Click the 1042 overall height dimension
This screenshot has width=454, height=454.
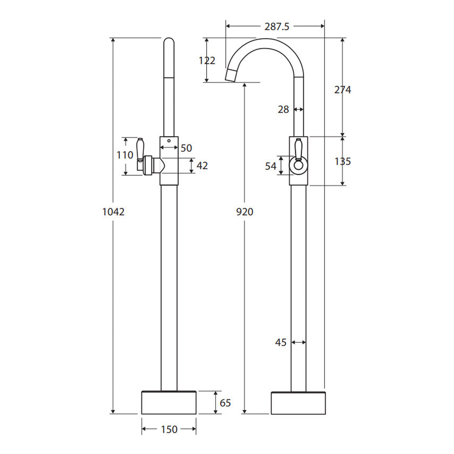coord(113,212)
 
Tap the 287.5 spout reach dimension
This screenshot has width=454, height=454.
coord(277,26)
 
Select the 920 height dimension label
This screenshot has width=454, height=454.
coord(244,212)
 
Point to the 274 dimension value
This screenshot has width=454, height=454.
coord(342,90)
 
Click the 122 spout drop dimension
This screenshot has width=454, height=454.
coord(207,61)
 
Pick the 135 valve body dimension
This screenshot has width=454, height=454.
coord(343,162)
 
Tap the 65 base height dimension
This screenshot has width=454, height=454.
coord(225,403)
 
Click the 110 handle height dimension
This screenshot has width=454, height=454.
coord(125,155)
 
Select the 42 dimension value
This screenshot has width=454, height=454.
coord(202,166)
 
